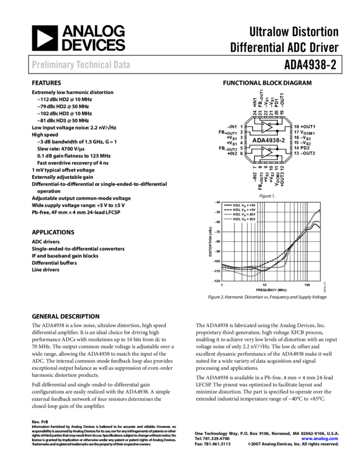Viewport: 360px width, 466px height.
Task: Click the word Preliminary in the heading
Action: tap(52, 65)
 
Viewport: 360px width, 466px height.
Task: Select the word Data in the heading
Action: tap(122, 65)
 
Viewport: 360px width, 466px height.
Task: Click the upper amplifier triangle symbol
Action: tap(266, 127)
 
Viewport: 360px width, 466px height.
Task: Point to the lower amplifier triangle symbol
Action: tap(266, 152)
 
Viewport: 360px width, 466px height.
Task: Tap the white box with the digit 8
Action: tap(278, 140)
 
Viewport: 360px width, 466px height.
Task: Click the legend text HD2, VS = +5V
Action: tap(244, 205)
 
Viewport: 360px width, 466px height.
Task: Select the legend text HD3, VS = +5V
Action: tap(244, 210)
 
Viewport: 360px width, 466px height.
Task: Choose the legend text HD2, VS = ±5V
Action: tap(244, 214)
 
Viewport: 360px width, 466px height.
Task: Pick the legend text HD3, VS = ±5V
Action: tap(244, 219)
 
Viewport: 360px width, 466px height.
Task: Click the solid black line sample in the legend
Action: tap(227, 205)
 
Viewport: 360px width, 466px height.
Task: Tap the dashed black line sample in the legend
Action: tap(227, 210)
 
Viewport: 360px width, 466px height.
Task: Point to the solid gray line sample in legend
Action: tap(227, 214)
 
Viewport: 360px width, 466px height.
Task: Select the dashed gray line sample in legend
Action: tap(227, 219)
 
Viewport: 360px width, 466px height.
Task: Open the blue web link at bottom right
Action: tap(319, 439)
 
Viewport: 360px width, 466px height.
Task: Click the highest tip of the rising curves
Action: tap(320, 210)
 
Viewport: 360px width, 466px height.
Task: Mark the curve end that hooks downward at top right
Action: tap(319, 221)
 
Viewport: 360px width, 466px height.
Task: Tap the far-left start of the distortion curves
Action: tap(222, 267)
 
